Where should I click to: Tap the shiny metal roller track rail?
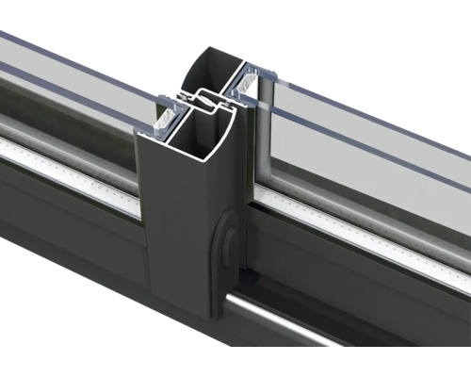click(x=339, y=325)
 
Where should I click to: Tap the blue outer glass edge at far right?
click(x=443, y=132)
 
